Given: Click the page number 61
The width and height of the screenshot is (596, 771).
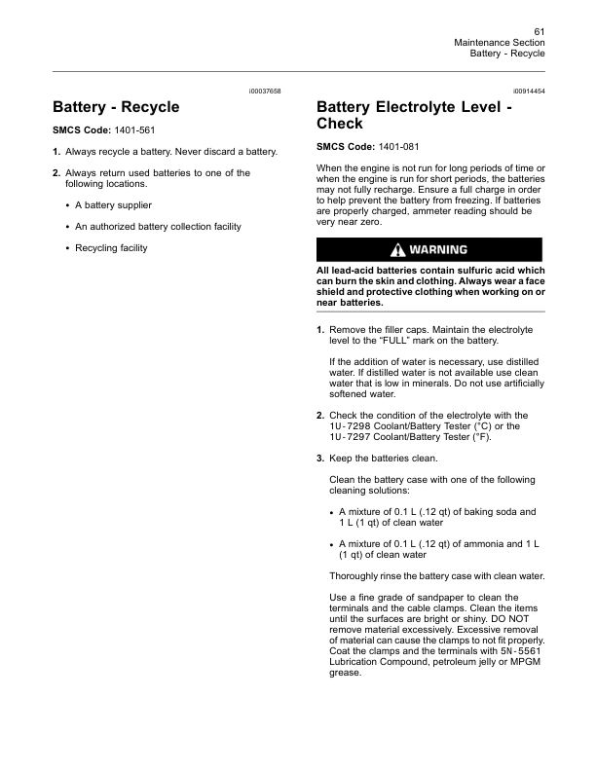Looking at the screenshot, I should (x=539, y=32).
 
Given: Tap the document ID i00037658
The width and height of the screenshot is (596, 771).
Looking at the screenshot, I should (x=264, y=91).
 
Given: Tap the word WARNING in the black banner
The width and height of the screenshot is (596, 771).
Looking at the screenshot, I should (x=439, y=249).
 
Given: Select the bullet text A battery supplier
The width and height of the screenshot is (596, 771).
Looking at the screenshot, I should (x=113, y=205).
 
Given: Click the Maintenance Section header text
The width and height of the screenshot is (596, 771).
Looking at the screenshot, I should (x=500, y=43).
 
